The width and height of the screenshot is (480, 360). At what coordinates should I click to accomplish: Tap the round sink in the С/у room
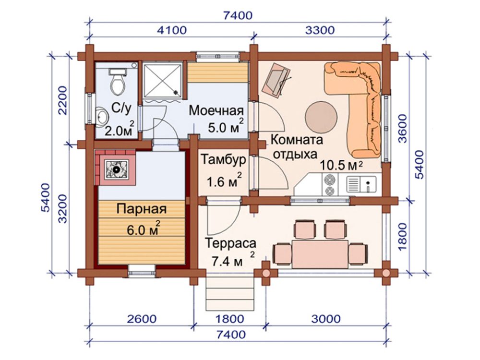tap(102, 116)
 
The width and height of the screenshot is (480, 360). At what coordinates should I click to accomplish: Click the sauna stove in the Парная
tap(116, 169)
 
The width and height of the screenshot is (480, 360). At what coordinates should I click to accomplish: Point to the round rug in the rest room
tap(322, 117)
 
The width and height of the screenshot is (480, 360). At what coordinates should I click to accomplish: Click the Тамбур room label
tap(224, 159)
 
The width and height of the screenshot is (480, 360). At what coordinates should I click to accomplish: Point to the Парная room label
tap(142, 209)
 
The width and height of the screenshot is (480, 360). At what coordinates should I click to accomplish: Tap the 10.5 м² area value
tap(341, 165)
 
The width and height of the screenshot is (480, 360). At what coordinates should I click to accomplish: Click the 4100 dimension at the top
tap(172, 30)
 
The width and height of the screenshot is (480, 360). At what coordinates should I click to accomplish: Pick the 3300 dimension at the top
tap(320, 30)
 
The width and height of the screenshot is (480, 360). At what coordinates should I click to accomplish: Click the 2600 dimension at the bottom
tap(142, 319)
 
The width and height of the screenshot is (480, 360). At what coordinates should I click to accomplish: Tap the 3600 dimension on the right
tap(403, 129)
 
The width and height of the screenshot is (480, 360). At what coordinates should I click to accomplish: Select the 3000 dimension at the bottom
tap(326, 319)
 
